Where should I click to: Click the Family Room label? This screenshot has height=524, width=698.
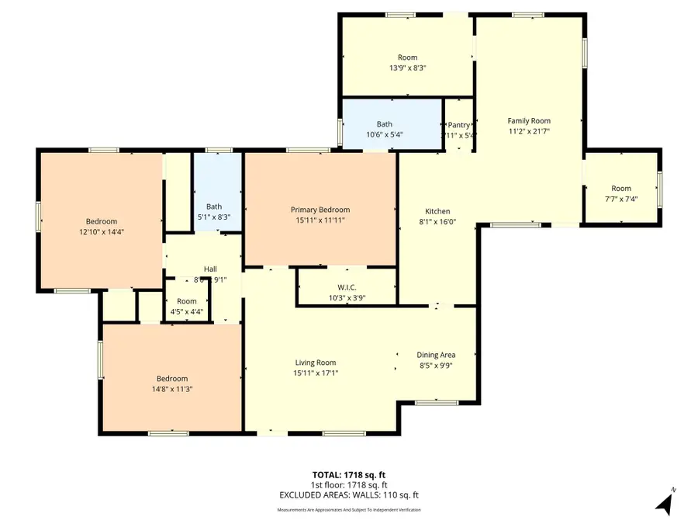pos(529,120)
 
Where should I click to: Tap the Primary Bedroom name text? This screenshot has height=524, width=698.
pos(320,210)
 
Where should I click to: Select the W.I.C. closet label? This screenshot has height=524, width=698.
pos(335,287)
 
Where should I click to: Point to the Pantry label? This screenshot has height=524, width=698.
pos(458,125)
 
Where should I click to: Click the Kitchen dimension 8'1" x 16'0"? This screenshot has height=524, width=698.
pos(437,222)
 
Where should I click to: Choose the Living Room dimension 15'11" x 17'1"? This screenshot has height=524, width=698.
pos(315,373)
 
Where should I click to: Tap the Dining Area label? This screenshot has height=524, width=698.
pos(435,355)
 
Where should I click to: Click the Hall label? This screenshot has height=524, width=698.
pos(209,269)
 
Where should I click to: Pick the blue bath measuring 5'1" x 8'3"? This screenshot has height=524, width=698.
pos(215,212)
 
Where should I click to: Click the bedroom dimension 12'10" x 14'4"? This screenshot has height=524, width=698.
pos(102,232)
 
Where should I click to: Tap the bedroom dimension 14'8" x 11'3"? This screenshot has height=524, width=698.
pos(169,390)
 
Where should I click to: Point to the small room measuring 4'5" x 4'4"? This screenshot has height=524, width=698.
pos(186,307)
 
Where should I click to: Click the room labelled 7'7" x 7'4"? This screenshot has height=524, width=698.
pos(621,193)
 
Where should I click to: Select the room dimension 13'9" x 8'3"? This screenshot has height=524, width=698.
pos(407,68)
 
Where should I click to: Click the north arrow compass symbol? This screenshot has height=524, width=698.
pos(664,502)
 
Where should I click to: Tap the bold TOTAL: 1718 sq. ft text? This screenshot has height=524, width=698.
pos(348,474)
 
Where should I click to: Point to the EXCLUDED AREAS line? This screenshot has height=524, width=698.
pos(348,495)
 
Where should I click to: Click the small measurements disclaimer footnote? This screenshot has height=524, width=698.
pos(348,510)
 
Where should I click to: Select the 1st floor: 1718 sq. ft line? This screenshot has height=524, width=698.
pos(348,484)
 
